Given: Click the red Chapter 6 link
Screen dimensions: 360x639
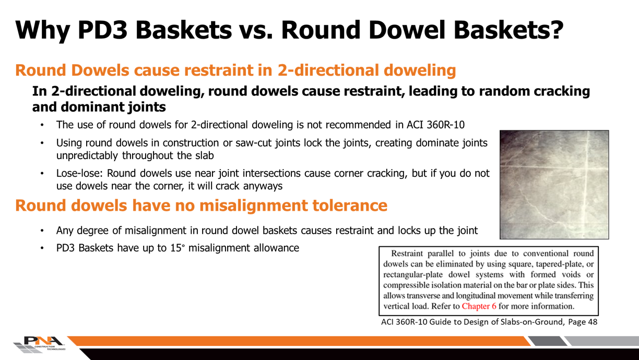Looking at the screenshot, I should [476, 306].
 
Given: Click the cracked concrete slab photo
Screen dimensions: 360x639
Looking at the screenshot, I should [553, 184].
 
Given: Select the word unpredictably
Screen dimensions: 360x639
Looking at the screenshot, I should [88, 155].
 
